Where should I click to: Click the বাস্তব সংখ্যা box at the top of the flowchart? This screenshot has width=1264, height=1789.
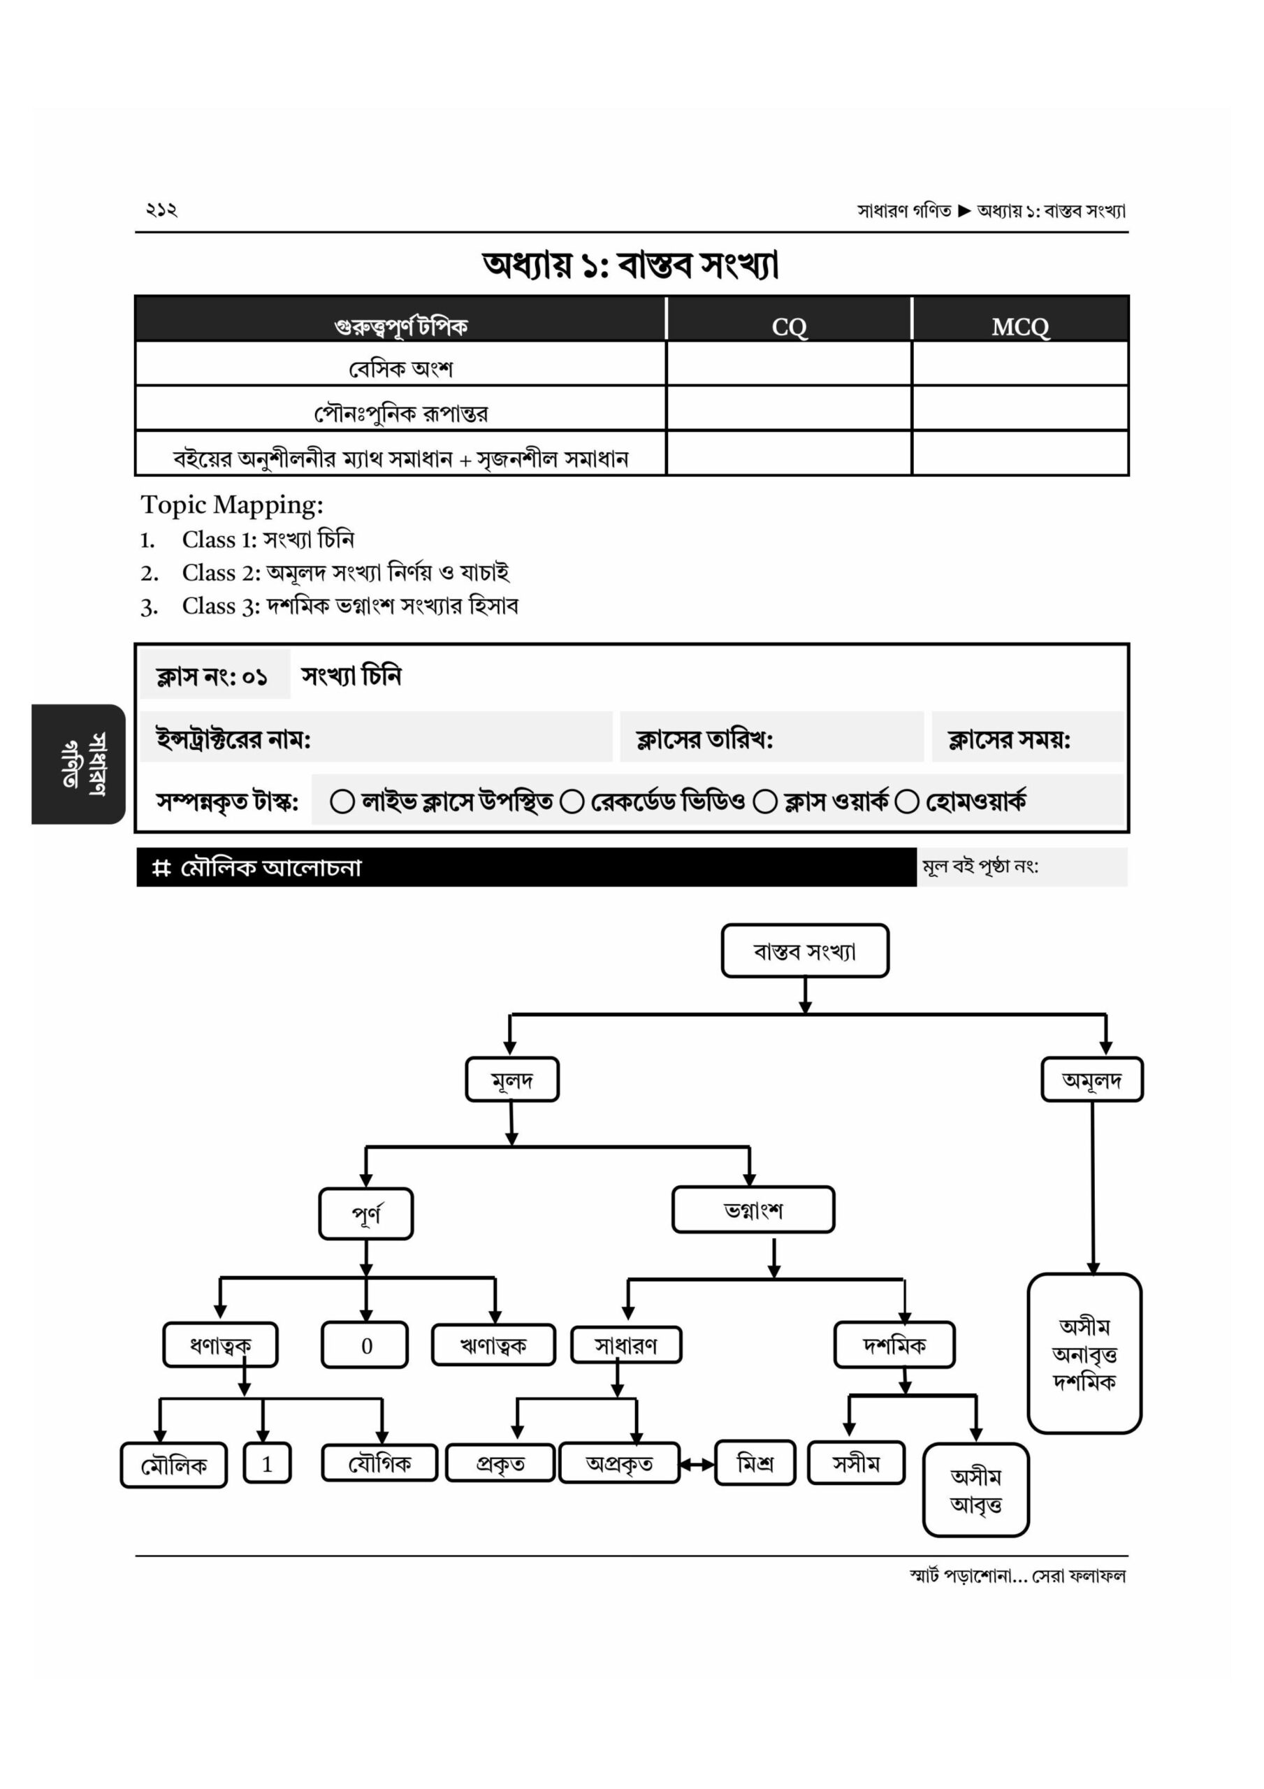click(804, 950)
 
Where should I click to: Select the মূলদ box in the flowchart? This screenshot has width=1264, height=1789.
click(512, 1080)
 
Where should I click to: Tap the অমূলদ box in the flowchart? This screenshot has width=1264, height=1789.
click(1092, 1080)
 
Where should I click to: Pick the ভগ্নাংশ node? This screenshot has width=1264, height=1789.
click(753, 1210)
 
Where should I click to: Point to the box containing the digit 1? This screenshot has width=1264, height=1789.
click(266, 1464)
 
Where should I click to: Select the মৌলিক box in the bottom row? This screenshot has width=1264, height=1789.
click(174, 1465)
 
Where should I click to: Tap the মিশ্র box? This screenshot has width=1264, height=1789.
click(755, 1463)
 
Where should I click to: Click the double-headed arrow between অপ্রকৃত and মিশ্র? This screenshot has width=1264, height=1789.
click(697, 1465)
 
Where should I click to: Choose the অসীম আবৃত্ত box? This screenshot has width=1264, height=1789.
click(975, 1490)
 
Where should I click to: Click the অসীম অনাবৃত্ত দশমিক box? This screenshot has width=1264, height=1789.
click(1084, 1354)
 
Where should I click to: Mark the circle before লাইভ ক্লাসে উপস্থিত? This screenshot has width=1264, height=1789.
click(342, 801)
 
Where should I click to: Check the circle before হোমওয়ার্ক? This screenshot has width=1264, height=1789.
click(906, 801)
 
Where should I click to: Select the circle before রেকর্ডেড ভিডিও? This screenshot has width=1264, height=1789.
click(572, 801)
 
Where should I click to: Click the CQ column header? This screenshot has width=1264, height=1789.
click(789, 326)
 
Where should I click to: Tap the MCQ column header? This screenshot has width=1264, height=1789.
click(1020, 326)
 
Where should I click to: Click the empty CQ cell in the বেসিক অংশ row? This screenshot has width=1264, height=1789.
click(789, 365)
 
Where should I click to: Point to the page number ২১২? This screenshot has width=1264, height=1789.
click(161, 209)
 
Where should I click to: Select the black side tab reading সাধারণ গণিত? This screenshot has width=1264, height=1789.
click(79, 764)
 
